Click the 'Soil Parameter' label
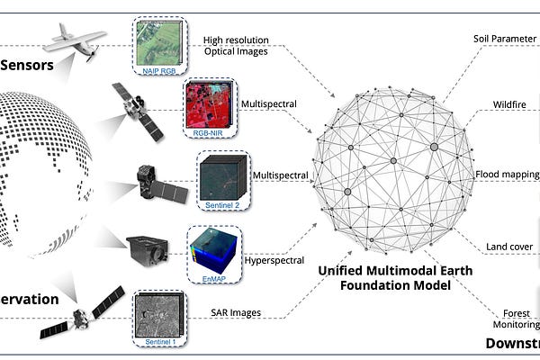click(x=505, y=39)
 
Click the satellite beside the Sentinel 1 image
click(x=80, y=316)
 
